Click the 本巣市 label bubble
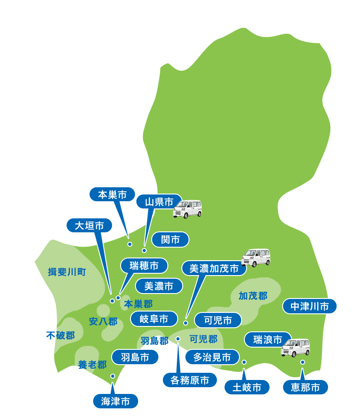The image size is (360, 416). point(112,194)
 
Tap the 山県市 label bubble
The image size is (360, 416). point(159,202)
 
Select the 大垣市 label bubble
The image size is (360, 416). point(89,225)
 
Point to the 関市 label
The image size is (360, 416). point(170,240)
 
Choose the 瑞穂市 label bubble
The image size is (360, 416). point(144,266)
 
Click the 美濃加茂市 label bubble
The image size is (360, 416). point(214,269)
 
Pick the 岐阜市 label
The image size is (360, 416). point(154,319)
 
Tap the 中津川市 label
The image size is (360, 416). point(310,307)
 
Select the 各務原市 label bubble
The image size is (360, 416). point(186,380)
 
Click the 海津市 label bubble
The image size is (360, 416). point(115,400)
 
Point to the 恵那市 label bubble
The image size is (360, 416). point(305,387)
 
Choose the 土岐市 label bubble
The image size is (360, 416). point(247,387)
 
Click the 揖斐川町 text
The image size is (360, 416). point(67,272)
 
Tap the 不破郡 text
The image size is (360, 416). point(61,335)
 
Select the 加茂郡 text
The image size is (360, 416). point(253,296)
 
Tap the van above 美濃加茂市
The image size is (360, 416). point(256,258)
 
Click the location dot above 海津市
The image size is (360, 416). point(112,376)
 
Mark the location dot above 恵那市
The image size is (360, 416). point(302,362)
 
